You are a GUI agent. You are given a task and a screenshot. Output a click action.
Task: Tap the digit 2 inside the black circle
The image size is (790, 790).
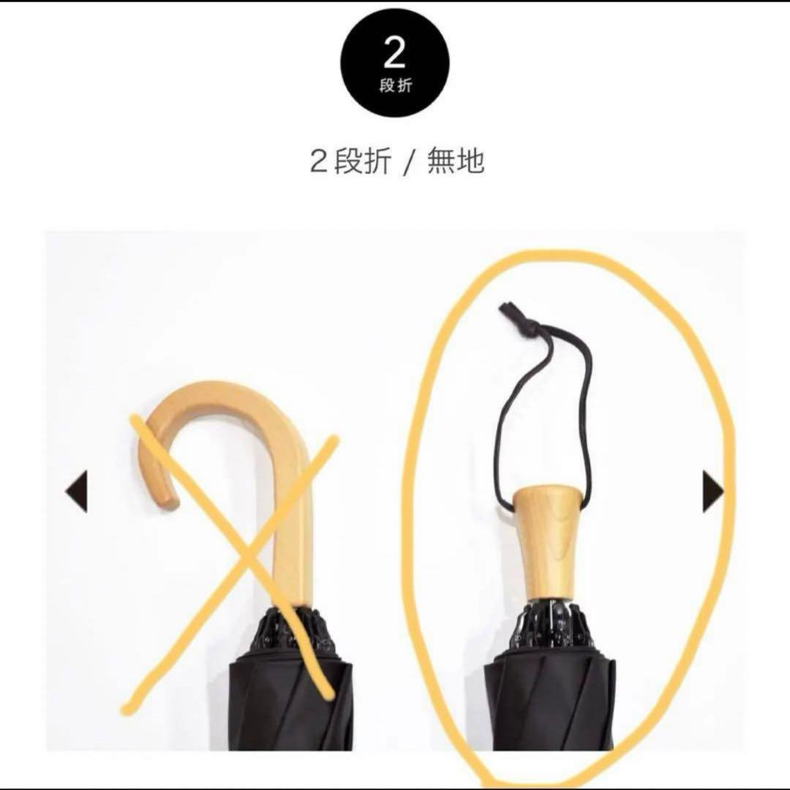pyautogui.click(x=394, y=53)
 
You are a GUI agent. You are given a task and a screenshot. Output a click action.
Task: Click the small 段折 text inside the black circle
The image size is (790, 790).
pyautogui.click(x=395, y=86)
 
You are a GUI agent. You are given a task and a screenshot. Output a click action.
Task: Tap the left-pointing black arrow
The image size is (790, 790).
pyautogui.click(x=77, y=491)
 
